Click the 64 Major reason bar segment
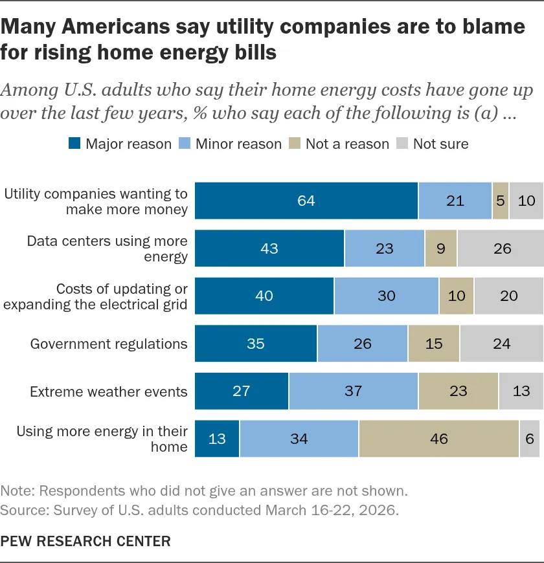[x=306, y=201]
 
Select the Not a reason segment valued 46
[x=439, y=438]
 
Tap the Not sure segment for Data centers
[x=501, y=248]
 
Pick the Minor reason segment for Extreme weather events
[x=354, y=391]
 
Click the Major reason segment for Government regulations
[x=256, y=343]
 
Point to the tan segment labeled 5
[x=501, y=201]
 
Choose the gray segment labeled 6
[x=530, y=438]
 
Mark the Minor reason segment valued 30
[x=387, y=296]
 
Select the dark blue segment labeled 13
[x=217, y=438]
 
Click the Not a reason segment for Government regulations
[x=434, y=343]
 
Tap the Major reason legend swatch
[x=74, y=143]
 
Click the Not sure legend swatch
[x=402, y=143]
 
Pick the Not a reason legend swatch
[x=295, y=143]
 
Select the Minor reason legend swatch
[x=185, y=143]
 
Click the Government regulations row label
[x=109, y=344]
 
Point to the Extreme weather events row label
[x=109, y=392]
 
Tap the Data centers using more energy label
[x=108, y=248]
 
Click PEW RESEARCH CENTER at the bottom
[x=85, y=541]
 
